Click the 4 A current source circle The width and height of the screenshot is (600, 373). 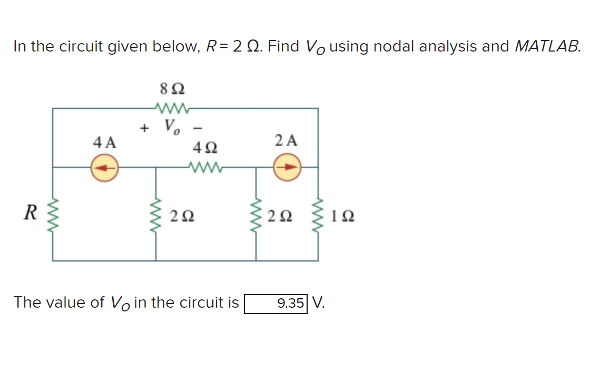pyautogui.click(x=104, y=168)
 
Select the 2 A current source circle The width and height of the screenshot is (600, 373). pyautogui.click(x=288, y=168)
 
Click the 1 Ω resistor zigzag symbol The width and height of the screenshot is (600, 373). pyautogui.click(x=318, y=215)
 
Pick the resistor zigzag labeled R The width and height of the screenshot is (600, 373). pyautogui.click(x=52, y=215)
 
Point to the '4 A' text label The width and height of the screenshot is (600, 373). pyautogui.click(x=104, y=142)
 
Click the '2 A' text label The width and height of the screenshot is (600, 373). pyautogui.click(x=287, y=140)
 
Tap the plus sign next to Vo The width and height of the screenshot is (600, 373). pyautogui.click(x=143, y=127)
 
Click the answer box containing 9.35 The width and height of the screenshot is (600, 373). pyautogui.click(x=275, y=304)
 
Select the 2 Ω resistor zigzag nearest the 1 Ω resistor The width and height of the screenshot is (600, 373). pyautogui.click(x=257, y=215)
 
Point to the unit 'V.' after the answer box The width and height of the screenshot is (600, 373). pyautogui.click(x=318, y=303)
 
